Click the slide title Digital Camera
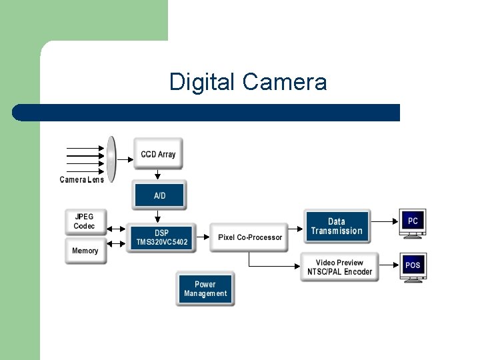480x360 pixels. pos(248,82)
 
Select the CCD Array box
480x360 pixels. pos(158,154)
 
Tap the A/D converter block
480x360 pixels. pos(159,195)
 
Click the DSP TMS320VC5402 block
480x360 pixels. pos(162,238)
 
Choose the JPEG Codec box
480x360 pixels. pos(85,221)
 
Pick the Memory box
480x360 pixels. pos(85,251)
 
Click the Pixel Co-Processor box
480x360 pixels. pos(249,237)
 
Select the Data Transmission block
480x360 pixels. pos(337,227)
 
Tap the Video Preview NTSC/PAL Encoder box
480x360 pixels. pos(339,267)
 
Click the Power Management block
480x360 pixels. pos(205,289)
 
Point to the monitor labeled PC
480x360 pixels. pos(413,223)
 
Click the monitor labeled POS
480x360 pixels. pos(413,267)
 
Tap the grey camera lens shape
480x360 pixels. pos(111,159)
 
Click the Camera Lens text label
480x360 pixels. pos(82,180)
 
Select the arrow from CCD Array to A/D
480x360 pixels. pos(158,175)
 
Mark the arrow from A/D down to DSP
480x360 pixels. pos(158,217)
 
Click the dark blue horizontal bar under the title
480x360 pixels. pos(207,112)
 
